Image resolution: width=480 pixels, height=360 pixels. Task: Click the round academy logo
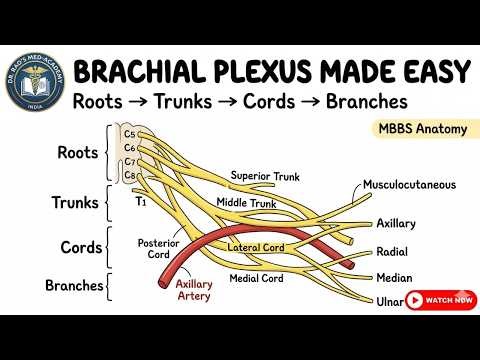click(36, 84)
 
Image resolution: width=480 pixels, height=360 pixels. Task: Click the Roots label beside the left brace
click(77, 153)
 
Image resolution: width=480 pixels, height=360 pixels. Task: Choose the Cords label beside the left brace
click(78, 247)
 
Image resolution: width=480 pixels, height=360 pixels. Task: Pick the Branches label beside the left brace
click(73, 285)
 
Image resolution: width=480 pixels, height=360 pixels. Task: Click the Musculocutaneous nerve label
click(411, 185)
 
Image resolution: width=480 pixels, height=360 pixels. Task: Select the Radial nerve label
click(391, 252)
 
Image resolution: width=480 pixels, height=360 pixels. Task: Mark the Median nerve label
click(393, 279)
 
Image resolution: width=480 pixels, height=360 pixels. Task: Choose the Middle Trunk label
click(246, 203)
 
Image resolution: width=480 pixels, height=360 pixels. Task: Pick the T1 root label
click(141, 201)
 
